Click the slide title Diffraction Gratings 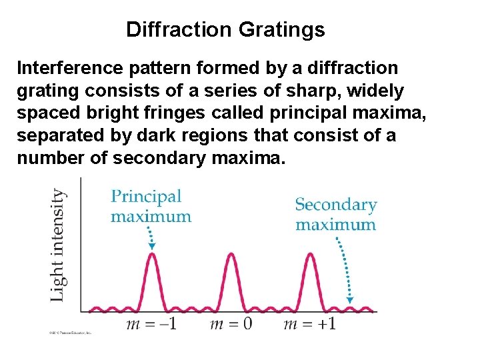click(225, 29)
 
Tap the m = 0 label click(231, 325)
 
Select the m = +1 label click(309, 325)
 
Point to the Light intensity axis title click(59, 245)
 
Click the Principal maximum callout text click(151, 206)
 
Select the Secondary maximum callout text click(336, 214)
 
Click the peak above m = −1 click(153, 255)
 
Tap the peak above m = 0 click(231, 255)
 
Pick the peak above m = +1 click(310, 255)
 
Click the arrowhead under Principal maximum click(152, 247)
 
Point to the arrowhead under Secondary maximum click(350, 300)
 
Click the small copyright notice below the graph click(69, 331)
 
